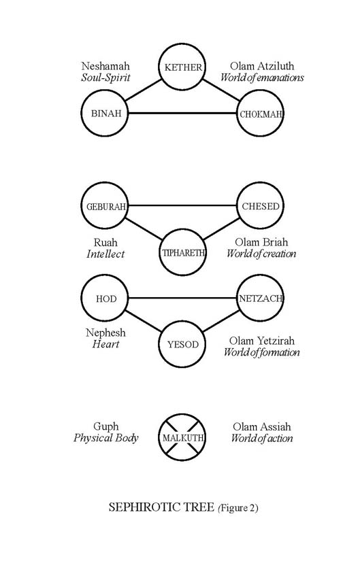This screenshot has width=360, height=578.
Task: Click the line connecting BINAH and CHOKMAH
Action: point(182,113)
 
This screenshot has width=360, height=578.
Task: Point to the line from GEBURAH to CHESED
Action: point(182,205)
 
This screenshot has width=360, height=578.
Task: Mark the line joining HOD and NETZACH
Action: point(182,298)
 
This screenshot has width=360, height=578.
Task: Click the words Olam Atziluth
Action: point(262,66)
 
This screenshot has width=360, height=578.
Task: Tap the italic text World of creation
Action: point(261,254)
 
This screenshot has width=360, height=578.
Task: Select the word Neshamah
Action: point(105,66)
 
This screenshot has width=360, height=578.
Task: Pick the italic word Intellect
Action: point(105,254)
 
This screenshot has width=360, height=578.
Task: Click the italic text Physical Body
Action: point(106,438)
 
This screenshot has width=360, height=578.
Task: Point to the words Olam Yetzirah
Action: point(262,341)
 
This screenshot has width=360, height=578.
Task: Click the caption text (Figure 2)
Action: point(238,508)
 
